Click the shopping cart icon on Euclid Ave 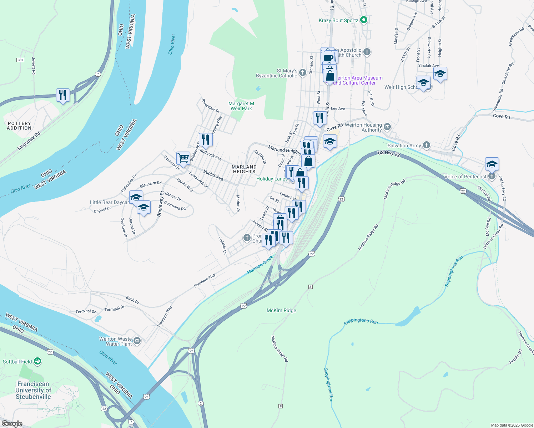pyautogui.click(x=183, y=158)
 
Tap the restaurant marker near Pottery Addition pyautogui.click(x=63, y=95)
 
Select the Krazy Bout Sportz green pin pyautogui.click(x=364, y=20)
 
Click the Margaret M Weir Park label pyautogui.click(x=241, y=106)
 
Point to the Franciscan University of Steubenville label pyautogui.click(x=33, y=390)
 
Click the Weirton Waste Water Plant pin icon pyautogui.click(x=137, y=341)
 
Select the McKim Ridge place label pyautogui.click(x=281, y=310)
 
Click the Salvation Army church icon pyautogui.click(x=427, y=145)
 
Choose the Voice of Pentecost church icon pyautogui.click(x=492, y=176)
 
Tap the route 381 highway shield pyautogui.click(x=20, y=60)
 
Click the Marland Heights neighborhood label pyautogui.click(x=244, y=169)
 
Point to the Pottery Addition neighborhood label pyautogui.click(x=19, y=126)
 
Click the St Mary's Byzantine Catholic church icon pyautogui.click(x=303, y=73)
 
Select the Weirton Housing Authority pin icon pyautogui.click(x=387, y=127)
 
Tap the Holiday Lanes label pyautogui.click(x=272, y=179)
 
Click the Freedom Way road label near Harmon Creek pyautogui.click(x=205, y=280)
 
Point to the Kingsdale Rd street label pyautogui.click(x=29, y=141)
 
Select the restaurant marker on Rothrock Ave pyautogui.click(x=206, y=139)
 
